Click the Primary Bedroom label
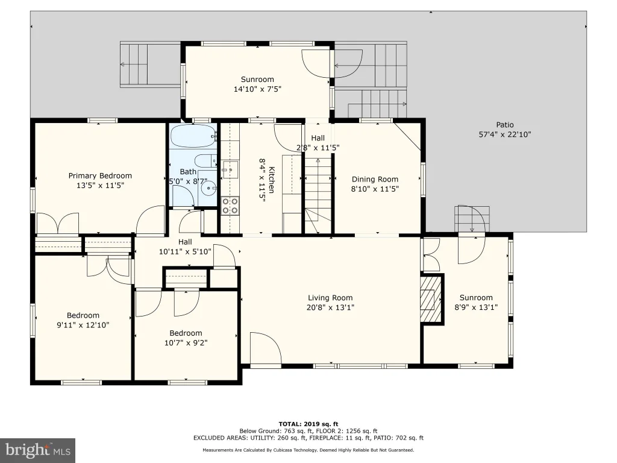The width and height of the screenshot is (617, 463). [x=100, y=175]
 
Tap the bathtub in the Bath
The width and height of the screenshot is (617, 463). [x=193, y=136]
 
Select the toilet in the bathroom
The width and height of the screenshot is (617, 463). [x=206, y=161]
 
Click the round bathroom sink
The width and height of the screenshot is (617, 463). [x=207, y=189]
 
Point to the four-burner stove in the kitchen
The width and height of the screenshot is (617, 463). [x=230, y=206]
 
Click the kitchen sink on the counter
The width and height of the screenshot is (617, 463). [x=230, y=169]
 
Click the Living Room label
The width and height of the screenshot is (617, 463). [x=330, y=298]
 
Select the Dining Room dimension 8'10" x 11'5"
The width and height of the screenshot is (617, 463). [x=375, y=189]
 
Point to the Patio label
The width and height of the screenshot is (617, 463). [x=505, y=125]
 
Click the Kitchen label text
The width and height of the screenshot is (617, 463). [x=271, y=180]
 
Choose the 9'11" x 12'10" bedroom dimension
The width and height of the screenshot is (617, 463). [x=83, y=325]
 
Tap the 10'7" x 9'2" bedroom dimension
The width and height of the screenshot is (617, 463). [x=186, y=343]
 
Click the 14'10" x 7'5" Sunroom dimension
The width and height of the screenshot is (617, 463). [x=257, y=89]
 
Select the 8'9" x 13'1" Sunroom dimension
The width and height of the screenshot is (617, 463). [x=476, y=307]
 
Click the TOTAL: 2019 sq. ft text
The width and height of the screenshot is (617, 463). [x=308, y=424]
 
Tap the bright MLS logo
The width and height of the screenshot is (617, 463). [x=38, y=450]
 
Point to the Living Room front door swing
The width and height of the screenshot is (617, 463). [x=266, y=348]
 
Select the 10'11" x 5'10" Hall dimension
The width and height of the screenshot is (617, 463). [x=185, y=251]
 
